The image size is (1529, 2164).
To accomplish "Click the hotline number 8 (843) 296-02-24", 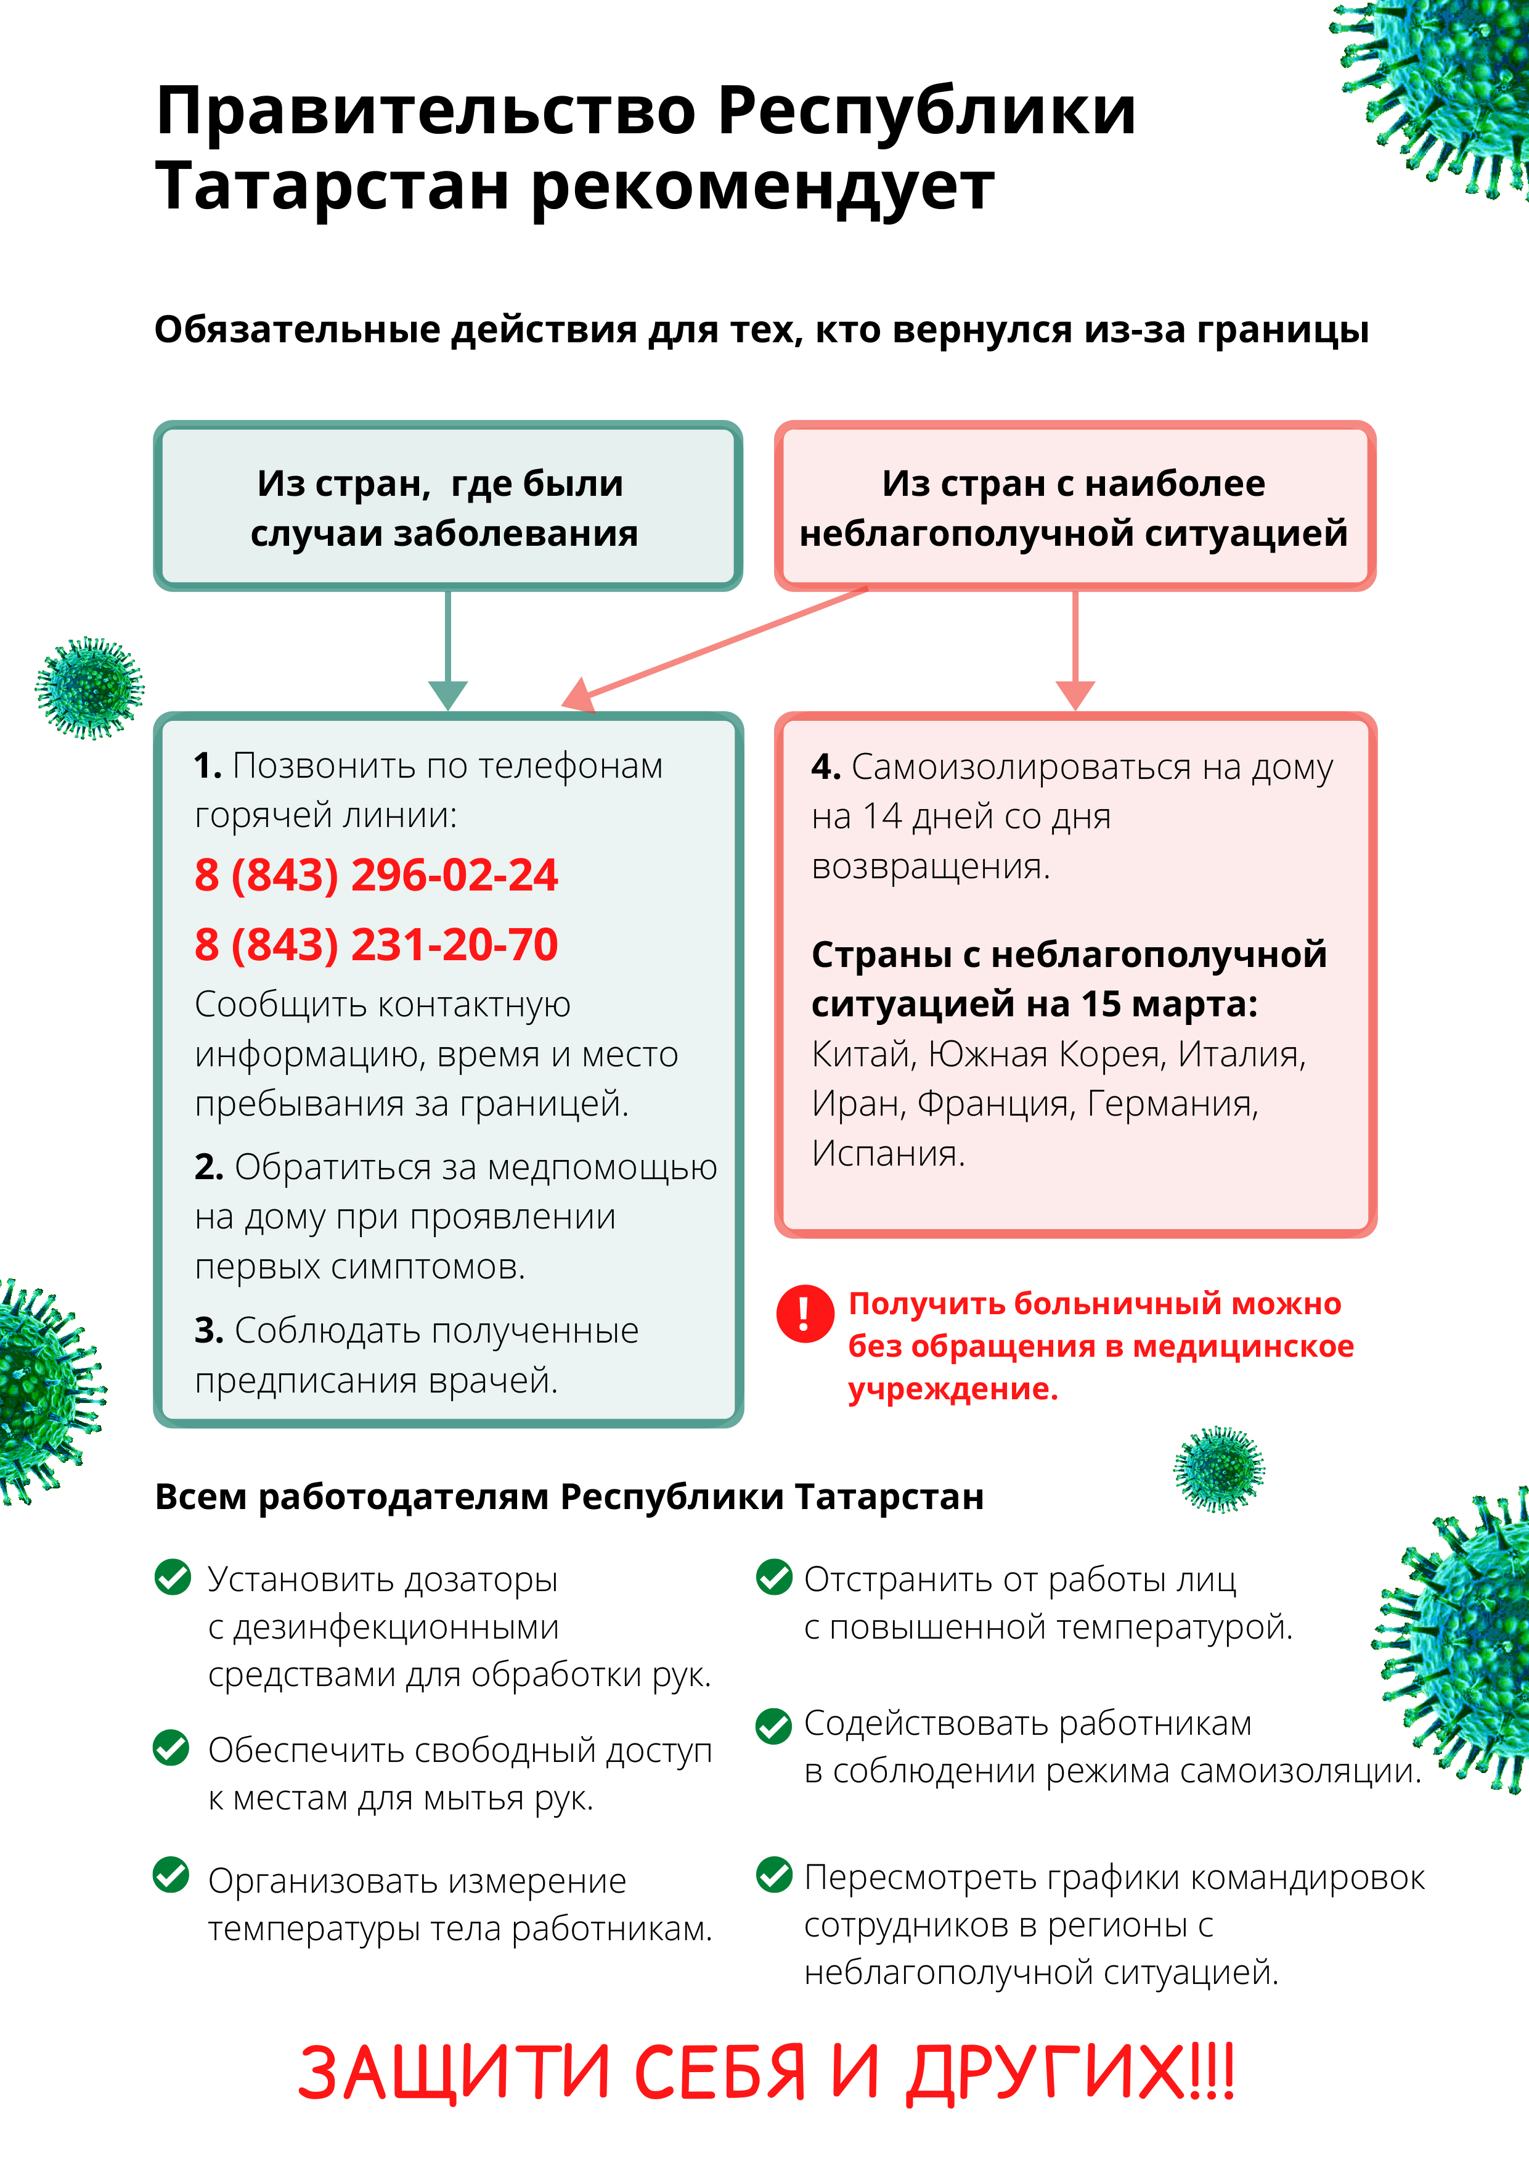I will pos(376,874).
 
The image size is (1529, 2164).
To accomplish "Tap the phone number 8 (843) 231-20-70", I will pos(376,944).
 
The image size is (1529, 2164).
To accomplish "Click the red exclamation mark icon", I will pos(804,1313).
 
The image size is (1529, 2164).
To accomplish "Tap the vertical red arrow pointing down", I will pos(1075,651).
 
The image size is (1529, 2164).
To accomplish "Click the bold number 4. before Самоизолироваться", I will pos(825,767).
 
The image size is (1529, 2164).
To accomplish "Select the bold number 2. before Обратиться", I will pos(208,1167).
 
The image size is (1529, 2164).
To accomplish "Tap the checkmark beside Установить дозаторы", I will pos(173,1577).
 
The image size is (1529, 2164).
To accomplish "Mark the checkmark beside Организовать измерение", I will pos(171,1875).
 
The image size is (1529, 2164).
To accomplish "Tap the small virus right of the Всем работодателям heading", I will pos(1218,1468).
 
